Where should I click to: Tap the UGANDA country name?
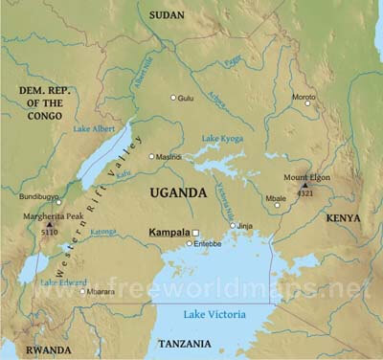178,193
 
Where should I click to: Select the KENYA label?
343,218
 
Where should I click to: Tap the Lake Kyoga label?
223,140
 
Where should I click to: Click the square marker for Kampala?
196,233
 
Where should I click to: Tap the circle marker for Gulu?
173,98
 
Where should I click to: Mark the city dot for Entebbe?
190,245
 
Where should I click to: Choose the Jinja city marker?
233,226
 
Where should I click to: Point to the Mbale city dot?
277,205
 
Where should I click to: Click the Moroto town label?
304,97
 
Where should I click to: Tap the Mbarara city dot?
82,291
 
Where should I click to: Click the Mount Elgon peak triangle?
305,186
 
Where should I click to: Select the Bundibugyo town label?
38,196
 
